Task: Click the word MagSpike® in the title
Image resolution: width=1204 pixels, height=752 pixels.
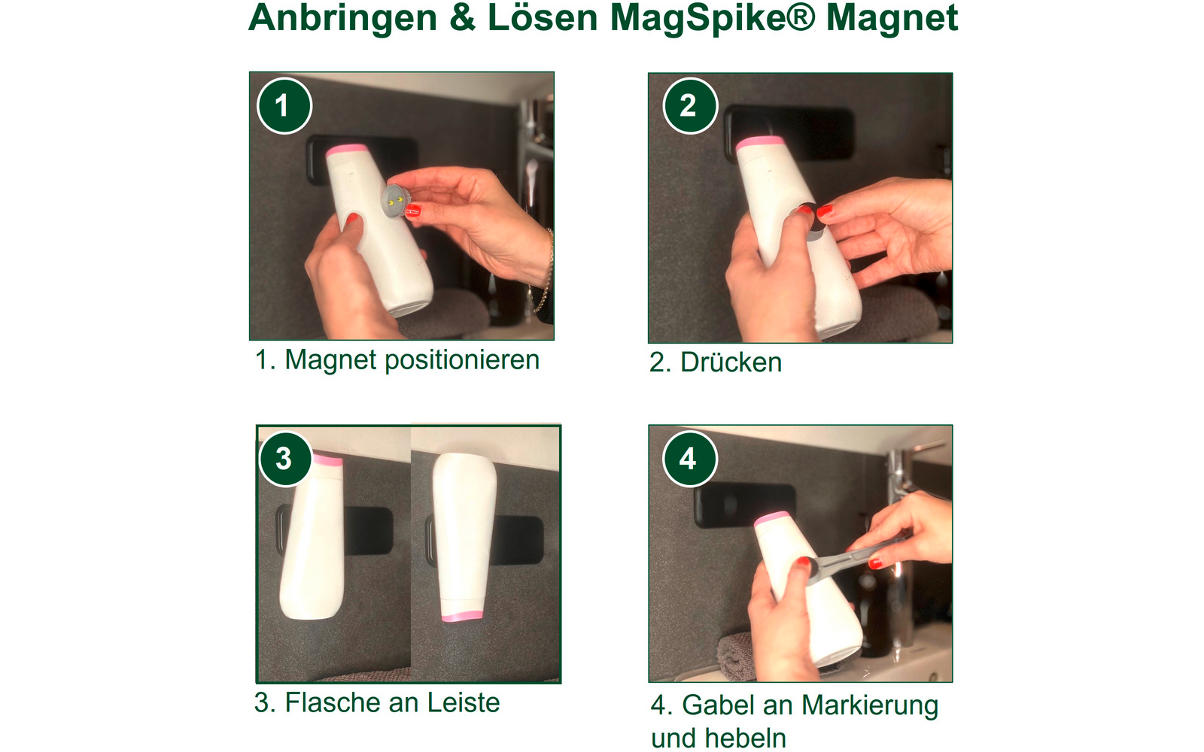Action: tap(712, 18)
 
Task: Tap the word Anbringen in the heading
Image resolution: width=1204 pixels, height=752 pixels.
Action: tap(343, 18)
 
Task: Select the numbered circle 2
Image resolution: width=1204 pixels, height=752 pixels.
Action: tap(689, 106)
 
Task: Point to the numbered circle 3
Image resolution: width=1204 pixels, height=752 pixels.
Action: tap(285, 458)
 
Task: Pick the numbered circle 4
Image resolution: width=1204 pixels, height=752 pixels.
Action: tap(689, 458)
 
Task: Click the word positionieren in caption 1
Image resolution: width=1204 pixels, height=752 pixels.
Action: tap(462, 360)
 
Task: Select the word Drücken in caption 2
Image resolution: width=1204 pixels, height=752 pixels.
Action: tap(731, 362)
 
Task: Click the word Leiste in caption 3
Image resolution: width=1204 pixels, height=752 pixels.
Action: tap(463, 703)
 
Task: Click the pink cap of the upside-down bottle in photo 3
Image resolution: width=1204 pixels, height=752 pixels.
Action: tap(461, 616)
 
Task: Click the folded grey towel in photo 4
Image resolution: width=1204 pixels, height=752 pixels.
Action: tap(735, 654)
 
